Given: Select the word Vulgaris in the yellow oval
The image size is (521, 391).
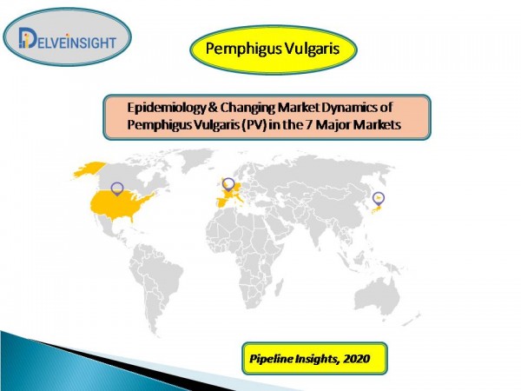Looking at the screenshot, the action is click(x=312, y=49).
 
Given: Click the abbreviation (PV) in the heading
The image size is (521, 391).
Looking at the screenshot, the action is click(x=254, y=125).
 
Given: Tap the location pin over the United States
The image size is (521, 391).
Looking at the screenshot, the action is click(x=117, y=189).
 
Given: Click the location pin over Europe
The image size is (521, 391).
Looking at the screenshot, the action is click(x=228, y=185).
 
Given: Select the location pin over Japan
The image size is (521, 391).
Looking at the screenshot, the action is click(x=378, y=199).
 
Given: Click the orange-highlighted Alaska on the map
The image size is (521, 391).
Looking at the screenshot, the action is click(x=89, y=169).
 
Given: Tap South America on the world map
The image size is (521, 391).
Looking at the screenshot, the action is click(x=155, y=282).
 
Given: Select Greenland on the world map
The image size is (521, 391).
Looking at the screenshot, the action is click(x=196, y=159).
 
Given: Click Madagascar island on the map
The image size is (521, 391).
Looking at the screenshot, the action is click(x=280, y=288).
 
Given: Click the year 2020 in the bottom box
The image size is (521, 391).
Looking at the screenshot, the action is click(x=357, y=359).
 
